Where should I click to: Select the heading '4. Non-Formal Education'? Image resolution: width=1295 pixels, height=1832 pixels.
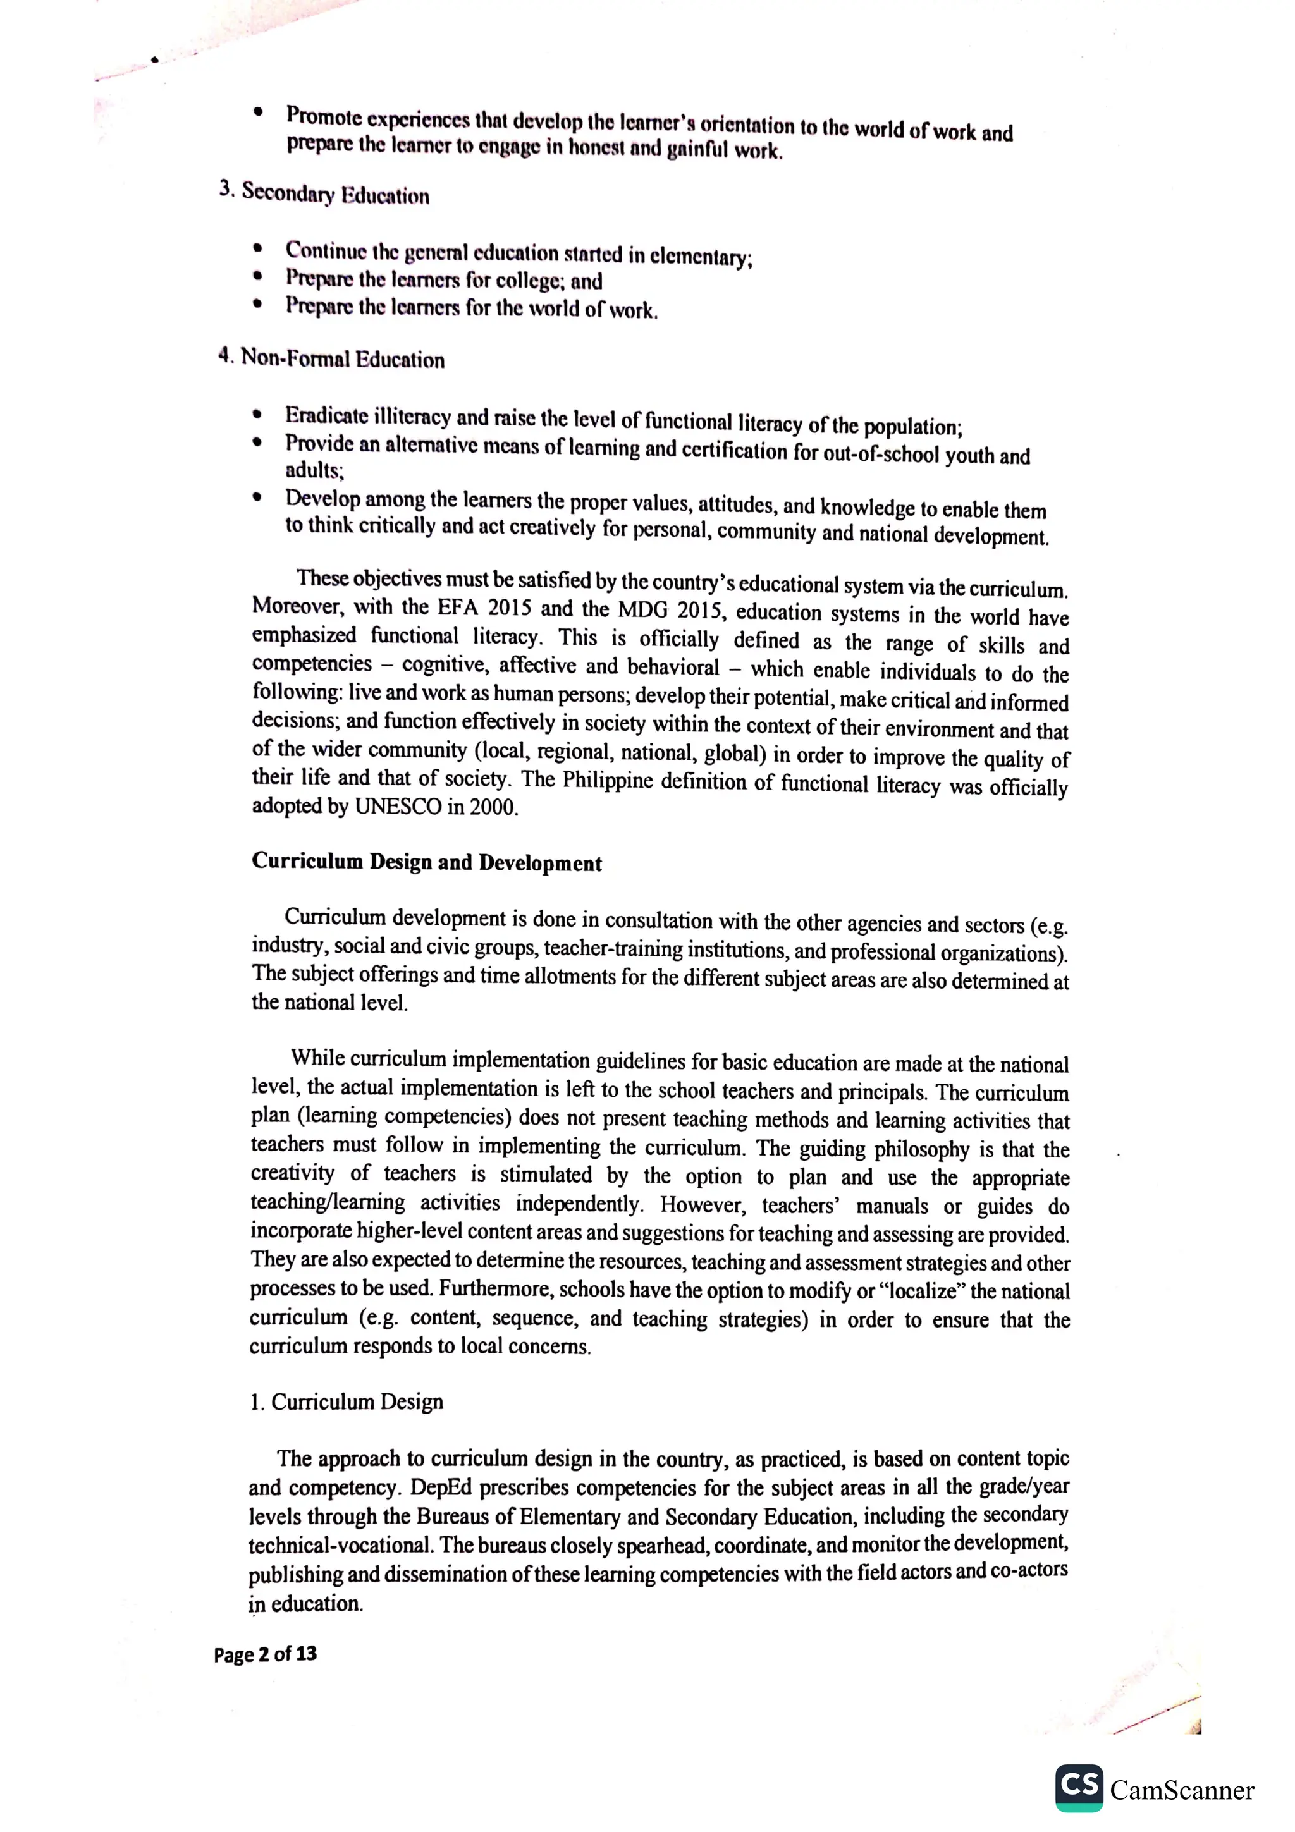point(332,358)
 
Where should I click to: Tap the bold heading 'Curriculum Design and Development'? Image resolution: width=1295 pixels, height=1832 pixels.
point(426,862)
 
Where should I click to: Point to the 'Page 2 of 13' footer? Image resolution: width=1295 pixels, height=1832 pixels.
point(265,1654)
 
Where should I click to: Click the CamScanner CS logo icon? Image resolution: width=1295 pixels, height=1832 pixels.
point(1078,1787)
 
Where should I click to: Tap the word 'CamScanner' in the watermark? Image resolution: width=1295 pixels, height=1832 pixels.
point(1182,1790)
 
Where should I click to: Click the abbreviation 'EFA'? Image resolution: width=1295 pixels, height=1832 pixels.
point(457,608)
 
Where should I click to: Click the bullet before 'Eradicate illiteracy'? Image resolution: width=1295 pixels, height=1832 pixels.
point(256,414)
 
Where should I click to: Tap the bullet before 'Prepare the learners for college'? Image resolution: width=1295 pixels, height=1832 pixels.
point(256,277)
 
